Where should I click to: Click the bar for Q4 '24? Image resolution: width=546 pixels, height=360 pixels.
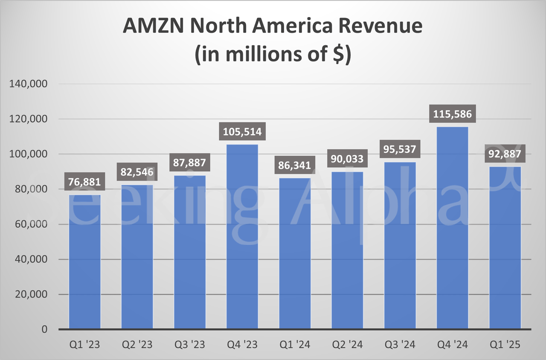click(453, 228)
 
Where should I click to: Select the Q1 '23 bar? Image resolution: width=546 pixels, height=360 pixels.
click(84, 262)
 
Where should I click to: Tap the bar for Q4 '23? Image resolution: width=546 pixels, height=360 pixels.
click(242, 237)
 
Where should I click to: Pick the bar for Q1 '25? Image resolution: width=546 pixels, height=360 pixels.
click(505, 248)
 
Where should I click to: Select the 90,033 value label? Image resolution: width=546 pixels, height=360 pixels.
click(347, 160)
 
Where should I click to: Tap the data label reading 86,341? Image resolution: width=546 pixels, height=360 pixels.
click(295, 164)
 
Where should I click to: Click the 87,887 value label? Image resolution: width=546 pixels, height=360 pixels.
click(190, 163)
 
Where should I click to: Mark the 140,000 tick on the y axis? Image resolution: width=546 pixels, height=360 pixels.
click(29, 84)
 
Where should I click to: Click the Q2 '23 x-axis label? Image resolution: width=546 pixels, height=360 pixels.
click(136, 345)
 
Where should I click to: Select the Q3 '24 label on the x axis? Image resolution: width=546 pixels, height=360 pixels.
click(400, 345)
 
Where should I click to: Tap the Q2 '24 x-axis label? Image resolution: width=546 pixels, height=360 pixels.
click(347, 345)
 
